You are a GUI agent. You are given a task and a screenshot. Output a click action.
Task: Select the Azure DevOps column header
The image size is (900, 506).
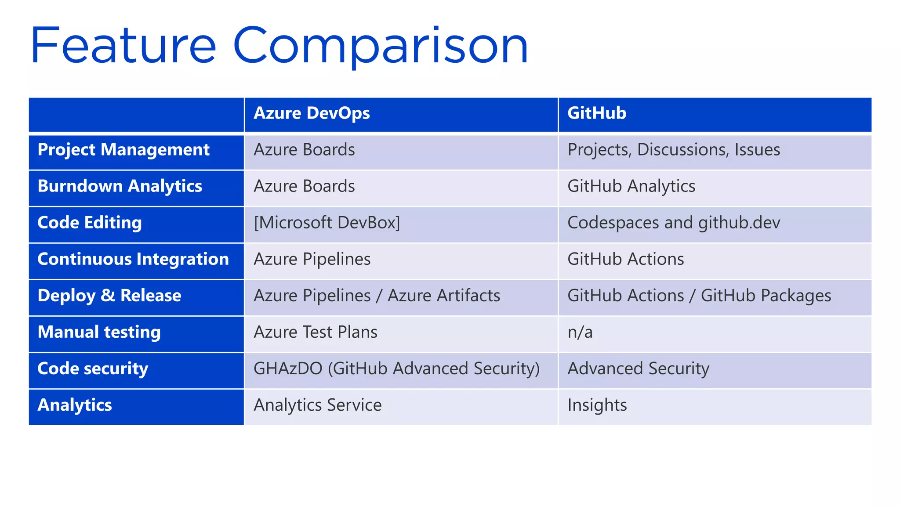coord(312,113)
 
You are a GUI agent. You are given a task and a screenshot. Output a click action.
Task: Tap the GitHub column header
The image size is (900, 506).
coord(596,113)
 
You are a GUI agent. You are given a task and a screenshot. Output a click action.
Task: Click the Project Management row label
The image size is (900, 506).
coord(123,150)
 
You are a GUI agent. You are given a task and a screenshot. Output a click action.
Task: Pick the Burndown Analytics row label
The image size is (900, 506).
coord(120,187)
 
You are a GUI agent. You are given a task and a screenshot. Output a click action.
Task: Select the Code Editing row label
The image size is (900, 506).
coord(90,223)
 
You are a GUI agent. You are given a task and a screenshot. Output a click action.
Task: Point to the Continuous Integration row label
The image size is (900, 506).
coord(133,260)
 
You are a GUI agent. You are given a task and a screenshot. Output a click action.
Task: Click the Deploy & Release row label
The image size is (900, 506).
coord(109,296)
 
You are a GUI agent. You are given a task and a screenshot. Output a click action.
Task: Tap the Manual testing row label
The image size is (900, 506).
coord(99,333)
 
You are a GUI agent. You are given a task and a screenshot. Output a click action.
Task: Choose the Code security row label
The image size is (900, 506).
coord(93,369)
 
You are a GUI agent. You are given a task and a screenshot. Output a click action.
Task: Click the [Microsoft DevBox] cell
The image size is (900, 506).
coord(327,223)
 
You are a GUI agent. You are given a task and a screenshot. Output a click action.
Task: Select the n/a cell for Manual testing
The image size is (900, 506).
coord(580,333)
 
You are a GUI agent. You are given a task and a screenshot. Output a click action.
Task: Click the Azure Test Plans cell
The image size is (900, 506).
coord(316,333)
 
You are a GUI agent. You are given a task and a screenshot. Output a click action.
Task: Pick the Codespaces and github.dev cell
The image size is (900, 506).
coord(674,223)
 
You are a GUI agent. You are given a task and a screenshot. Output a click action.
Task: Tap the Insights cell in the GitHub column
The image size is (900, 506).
coord(597,405)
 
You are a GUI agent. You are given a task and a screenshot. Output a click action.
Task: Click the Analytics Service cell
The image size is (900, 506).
coord(317,405)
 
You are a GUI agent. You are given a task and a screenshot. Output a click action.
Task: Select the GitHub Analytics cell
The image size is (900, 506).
coord(631,187)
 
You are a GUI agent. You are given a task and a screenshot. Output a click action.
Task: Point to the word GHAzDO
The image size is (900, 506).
coord(288,369)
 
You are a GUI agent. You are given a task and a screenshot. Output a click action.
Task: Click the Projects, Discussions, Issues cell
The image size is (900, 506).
coord(674,150)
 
